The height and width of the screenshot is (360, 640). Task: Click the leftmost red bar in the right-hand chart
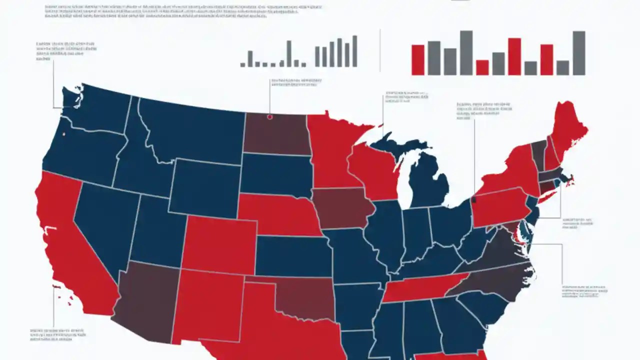click(x=417, y=60)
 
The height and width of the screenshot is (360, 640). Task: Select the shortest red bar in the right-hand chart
click(x=482, y=67)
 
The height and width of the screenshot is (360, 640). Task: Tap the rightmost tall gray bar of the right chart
click(x=578, y=53)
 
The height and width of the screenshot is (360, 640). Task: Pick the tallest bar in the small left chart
click(x=354, y=51)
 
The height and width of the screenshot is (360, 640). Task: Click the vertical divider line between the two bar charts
click(x=380, y=50)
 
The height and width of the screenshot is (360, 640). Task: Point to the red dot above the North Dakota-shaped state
click(x=269, y=117)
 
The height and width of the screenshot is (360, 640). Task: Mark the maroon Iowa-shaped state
click(x=342, y=207)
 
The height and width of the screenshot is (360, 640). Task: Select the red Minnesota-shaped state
click(x=327, y=150)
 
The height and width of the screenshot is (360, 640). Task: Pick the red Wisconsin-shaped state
click(x=372, y=170)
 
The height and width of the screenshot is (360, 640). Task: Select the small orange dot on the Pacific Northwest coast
click(x=63, y=134)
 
